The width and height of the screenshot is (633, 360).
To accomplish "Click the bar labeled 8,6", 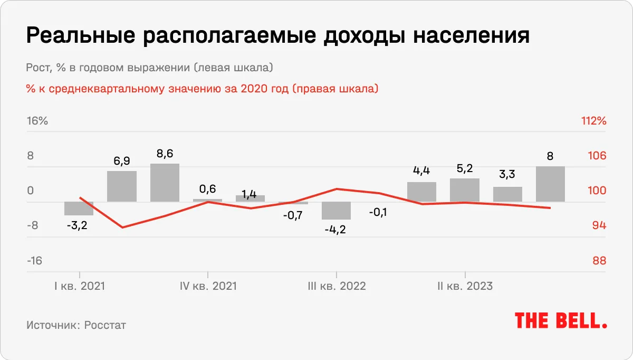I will tap(165, 183).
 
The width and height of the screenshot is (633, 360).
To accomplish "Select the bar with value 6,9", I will tap(122, 186).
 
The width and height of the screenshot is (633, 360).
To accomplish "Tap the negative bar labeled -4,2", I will tap(336, 211).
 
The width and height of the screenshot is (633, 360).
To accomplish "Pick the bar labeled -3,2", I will tap(79, 209).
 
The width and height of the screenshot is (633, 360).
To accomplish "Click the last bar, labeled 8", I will tap(550, 184).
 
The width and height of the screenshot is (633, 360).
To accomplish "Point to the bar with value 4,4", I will tap(422, 192).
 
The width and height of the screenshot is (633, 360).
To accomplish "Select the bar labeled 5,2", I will tap(465, 190).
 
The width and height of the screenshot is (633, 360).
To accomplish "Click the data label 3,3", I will tap(507, 174).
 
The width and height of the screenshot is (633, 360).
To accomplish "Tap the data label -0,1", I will tap(377, 212).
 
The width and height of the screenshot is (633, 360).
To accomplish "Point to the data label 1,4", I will tap(251, 194).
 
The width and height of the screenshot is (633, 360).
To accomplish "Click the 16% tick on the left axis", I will tap(37, 121).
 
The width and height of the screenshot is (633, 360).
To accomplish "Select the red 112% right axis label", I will tap(593, 121).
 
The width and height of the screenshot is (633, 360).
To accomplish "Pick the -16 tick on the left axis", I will tap(34, 261).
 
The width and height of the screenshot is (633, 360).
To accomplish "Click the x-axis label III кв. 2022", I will tap(337, 286).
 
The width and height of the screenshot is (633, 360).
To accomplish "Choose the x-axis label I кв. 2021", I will tap(79, 286).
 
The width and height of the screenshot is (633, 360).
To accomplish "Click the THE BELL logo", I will tap(561, 320).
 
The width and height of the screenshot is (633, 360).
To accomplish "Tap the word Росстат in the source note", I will tap(105, 325).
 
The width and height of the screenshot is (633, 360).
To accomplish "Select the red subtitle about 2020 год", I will tap(202, 89).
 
